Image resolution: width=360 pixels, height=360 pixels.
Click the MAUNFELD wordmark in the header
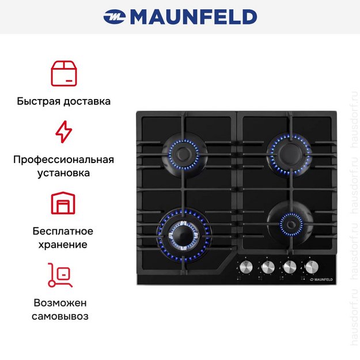coord(194,17)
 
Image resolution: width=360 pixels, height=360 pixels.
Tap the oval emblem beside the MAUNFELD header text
coord(115,17)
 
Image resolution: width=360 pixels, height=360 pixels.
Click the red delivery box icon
coord(64,74)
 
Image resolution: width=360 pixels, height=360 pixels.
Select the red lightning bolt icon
coord(64,132)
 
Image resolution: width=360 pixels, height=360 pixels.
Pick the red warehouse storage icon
coord(63,203)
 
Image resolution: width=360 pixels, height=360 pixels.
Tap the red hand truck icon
coord(60,275)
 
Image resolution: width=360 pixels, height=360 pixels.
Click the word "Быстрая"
coord(39,101)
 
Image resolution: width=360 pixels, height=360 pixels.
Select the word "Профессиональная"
coord(63,160)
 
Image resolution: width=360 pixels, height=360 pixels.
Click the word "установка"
coord(63,173)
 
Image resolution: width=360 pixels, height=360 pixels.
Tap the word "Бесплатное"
coord(63,231)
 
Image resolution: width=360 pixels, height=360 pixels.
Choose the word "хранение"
coord(63,245)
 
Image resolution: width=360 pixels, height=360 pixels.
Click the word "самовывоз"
coord(60,316)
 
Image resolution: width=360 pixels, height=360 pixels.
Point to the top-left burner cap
coord(183,153)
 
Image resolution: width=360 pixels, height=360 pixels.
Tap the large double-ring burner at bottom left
coord(183,236)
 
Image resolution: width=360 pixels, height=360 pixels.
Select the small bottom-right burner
coord(291,224)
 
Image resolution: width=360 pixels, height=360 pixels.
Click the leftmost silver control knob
coord(246,267)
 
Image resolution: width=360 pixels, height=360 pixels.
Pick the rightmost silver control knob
coord(312,267)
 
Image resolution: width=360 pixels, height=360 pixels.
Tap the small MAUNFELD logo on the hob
coord(321,279)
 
